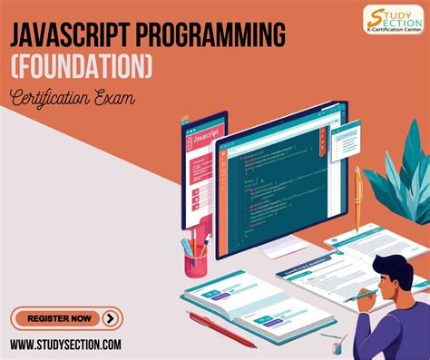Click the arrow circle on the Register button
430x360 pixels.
(111, 317)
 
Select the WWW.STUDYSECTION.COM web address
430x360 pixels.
(66, 345)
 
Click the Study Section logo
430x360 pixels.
(392, 20)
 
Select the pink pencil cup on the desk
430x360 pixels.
(196, 264)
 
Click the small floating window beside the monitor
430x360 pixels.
(344, 141)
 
